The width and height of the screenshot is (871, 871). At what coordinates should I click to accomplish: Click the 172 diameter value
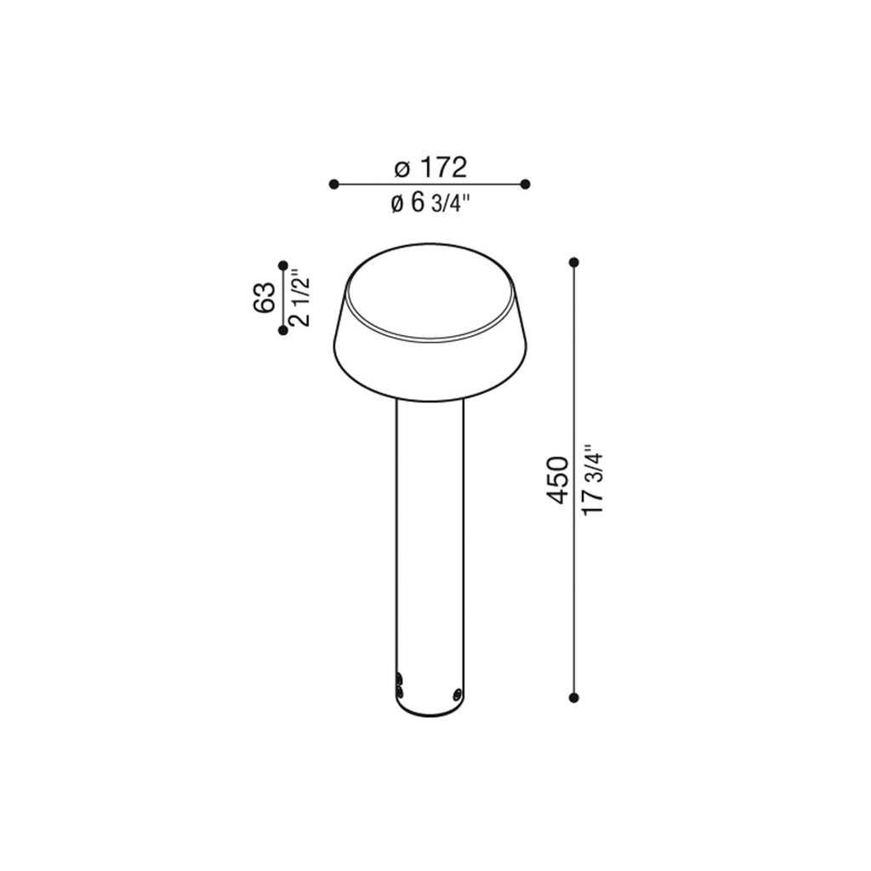coord(442,168)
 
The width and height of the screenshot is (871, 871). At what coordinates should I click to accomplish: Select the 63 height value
coord(265,297)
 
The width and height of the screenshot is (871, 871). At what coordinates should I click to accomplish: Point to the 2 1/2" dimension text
coord(300,299)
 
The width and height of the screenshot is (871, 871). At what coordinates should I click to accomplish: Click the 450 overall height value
coord(558,480)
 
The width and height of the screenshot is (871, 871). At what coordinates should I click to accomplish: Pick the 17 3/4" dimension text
coord(593,480)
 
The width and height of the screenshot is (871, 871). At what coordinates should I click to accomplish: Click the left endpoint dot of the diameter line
coord(333,184)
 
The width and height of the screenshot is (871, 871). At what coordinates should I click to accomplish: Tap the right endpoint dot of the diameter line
coord(526,184)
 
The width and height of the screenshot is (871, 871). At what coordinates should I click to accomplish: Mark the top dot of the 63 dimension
coord(282,265)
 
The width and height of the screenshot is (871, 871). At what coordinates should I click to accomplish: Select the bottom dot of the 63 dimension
coord(282,331)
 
